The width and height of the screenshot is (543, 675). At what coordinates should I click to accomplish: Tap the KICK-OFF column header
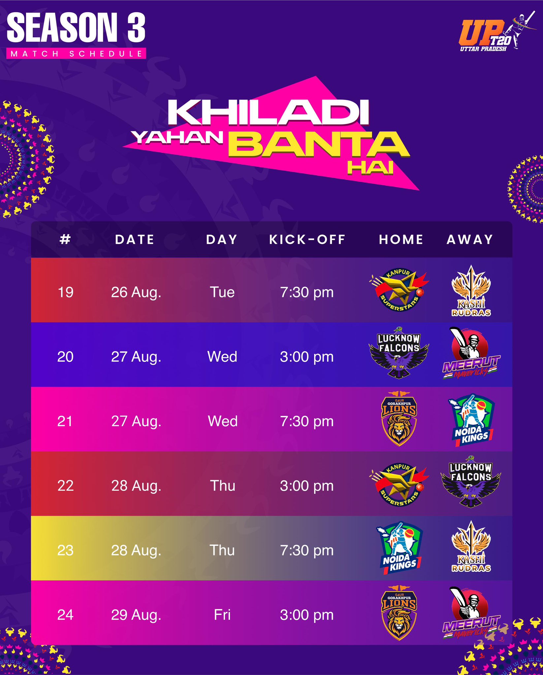pyautogui.click(x=307, y=240)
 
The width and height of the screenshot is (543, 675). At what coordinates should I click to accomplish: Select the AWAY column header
pyautogui.click(x=470, y=240)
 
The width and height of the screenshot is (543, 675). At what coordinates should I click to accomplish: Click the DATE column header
pyautogui.click(x=135, y=240)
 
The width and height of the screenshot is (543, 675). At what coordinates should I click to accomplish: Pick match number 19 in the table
pyautogui.click(x=65, y=292)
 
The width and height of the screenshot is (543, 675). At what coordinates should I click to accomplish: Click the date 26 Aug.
pyautogui.click(x=136, y=292)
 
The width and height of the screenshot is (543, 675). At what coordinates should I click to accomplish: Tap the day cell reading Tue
pyautogui.click(x=222, y=292)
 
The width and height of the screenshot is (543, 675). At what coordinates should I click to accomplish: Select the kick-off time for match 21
pyautogui.click(x=307, y=421)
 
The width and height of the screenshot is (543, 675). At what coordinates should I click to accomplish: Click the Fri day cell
pyautogui.click(x=222, y=615)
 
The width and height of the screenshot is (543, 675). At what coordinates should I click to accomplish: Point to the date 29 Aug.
pyautogui.click(x=136, y=615)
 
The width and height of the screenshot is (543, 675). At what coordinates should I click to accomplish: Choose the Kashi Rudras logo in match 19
pyautogui.click(x=471, y=291)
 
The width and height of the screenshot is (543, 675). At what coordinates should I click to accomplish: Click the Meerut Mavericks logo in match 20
pyautogui.click(x=471, y=353)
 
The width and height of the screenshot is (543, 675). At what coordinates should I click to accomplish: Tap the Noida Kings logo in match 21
pyautogui.click(x=471, y=420)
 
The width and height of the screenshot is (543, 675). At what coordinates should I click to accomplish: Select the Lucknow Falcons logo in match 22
pyautogui.click(x=470, y=482)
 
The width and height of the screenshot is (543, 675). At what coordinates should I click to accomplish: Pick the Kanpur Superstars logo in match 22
pyautogui.click(x=399, y=484)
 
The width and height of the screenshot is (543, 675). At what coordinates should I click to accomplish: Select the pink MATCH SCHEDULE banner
pyautogui.click(x=76, y=54)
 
